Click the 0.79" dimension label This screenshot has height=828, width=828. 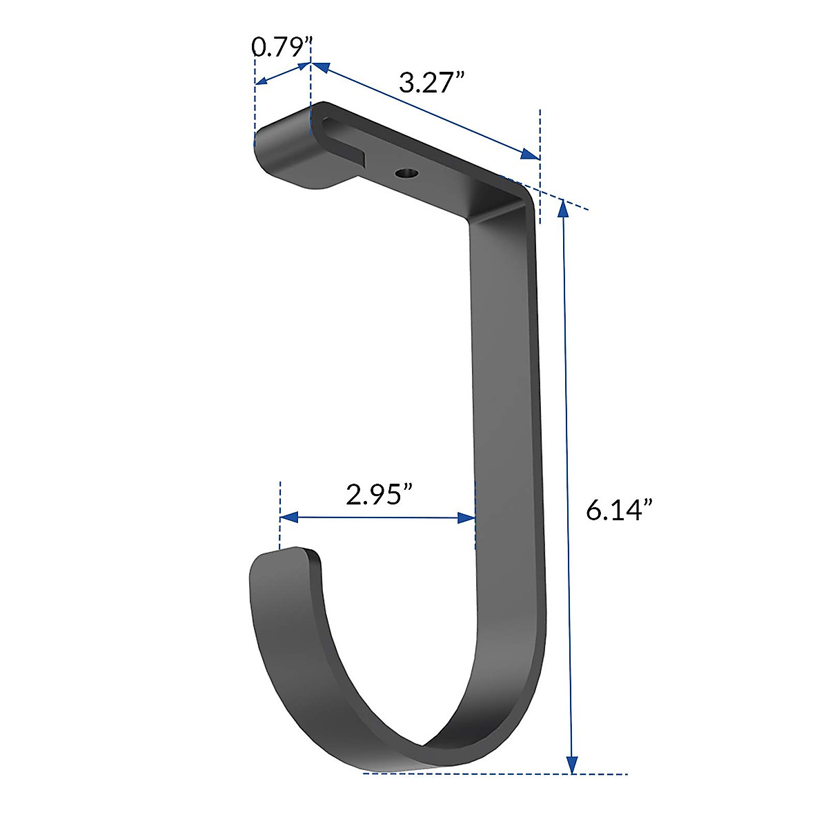(278, 47)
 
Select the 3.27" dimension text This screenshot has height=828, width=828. (431, 83)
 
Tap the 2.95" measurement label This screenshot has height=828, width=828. (379, 494)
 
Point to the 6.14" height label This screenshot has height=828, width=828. (619, 511)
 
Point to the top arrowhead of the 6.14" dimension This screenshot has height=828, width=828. (564, 207)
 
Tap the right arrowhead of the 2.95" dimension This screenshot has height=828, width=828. (467, 517)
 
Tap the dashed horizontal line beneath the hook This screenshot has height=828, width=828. (497, 773)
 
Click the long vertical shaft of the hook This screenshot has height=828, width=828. (507, 414)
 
